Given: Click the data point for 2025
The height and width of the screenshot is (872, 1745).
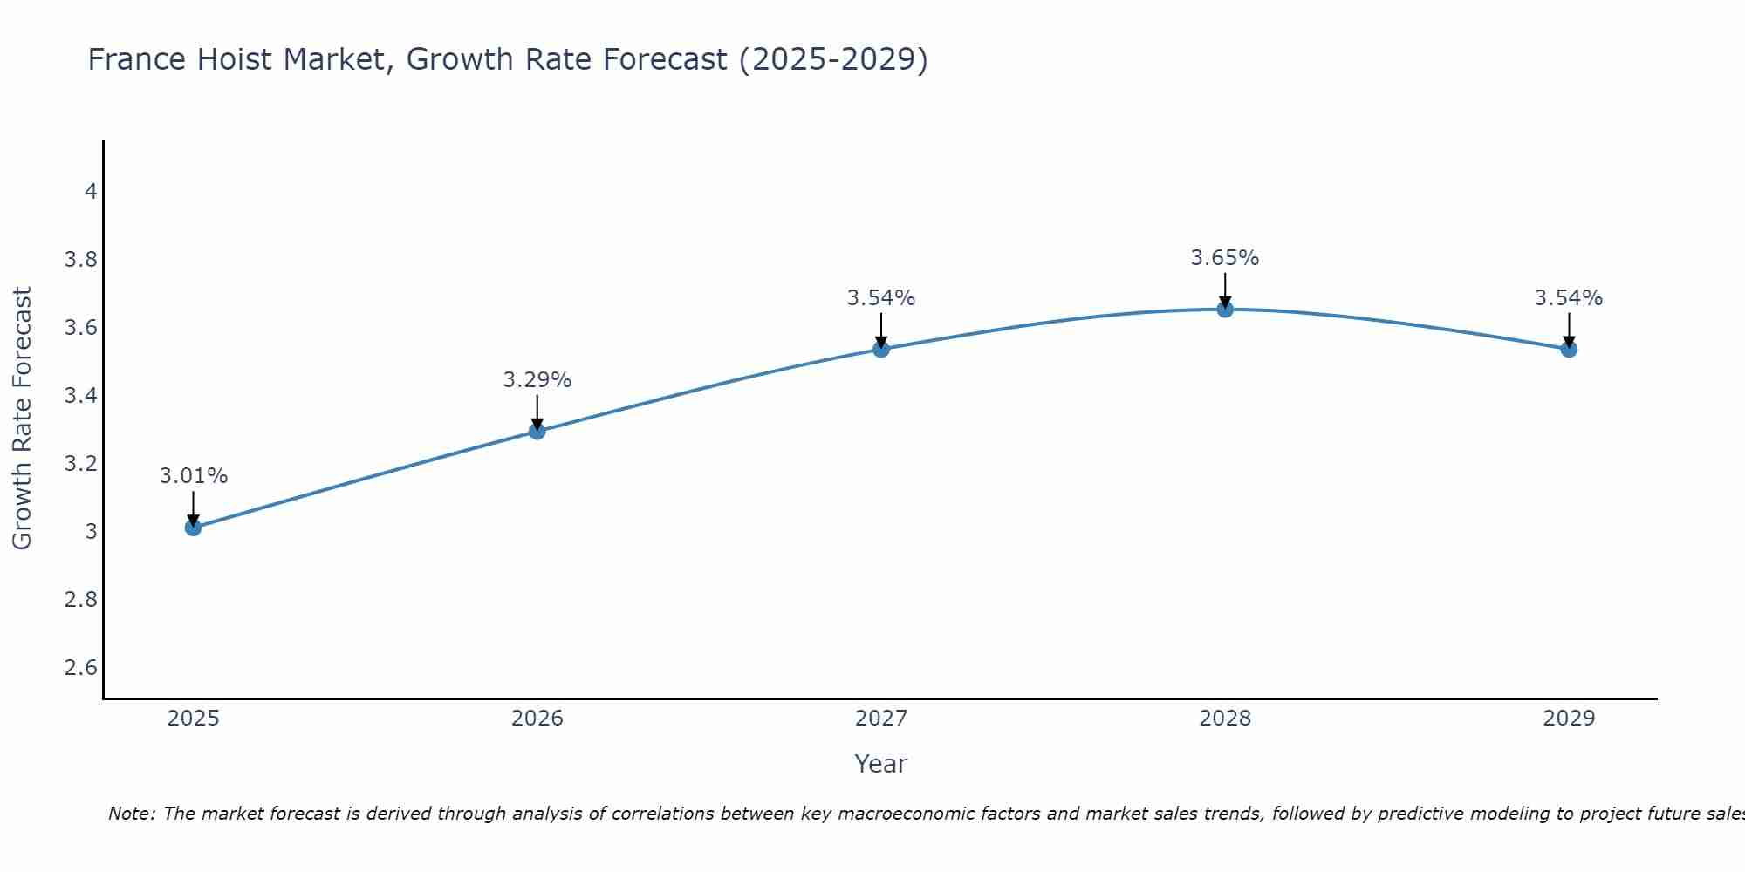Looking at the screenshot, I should pos(193,527).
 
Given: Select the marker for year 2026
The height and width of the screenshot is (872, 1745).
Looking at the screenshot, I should pos(537,431).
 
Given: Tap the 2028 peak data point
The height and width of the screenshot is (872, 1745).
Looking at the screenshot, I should pos(1225,309).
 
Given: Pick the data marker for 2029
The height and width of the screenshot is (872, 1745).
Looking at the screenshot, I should pos(1569,349).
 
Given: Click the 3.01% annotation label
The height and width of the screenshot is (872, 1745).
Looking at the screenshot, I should pos(193,476).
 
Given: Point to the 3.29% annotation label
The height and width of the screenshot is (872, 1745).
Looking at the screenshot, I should pos(537,380).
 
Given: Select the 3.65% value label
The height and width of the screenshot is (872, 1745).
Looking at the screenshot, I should pos(1225,258).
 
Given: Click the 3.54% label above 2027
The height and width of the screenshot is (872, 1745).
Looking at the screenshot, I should pos(881,298).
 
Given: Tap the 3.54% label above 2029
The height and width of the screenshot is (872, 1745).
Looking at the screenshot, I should pos(1569,298).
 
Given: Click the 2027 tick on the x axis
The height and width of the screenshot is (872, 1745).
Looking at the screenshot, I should pos(881,719).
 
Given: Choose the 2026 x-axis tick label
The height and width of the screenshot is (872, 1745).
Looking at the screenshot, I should pos(537,719).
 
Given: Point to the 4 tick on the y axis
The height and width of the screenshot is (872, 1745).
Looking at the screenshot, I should pos(91,191).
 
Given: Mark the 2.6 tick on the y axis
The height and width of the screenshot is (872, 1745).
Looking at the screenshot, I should pos(81,668).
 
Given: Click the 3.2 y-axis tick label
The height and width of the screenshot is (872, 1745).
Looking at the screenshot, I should pos(81,463).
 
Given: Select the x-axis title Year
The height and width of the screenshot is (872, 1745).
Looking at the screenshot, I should pos(881,764).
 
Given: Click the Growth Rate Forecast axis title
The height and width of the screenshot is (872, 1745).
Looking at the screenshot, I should pos(22,419).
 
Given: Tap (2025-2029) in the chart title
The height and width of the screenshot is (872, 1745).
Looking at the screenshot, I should pos(833,59).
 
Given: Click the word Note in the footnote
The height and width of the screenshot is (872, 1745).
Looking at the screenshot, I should pos(131,814).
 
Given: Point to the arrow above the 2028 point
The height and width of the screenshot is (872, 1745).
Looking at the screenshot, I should pos(1225,290).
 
